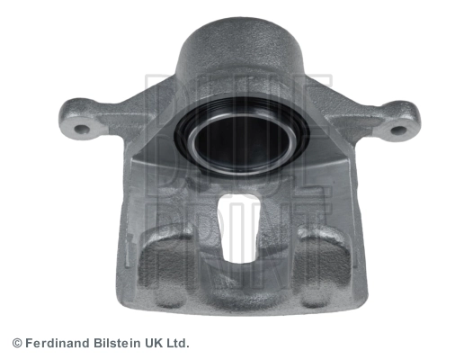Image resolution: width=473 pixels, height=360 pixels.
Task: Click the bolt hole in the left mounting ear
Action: point(82,130)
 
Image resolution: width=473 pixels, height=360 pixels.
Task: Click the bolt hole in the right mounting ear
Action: point(398,130)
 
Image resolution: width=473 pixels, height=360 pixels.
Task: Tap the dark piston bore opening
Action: point(242,141)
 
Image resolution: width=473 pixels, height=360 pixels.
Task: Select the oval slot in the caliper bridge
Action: point(239,227)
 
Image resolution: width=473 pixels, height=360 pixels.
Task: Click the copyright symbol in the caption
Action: point(17,344)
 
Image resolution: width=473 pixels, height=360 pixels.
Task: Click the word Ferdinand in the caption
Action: point(58,344)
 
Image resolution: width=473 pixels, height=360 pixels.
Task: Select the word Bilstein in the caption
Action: point(117,344)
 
